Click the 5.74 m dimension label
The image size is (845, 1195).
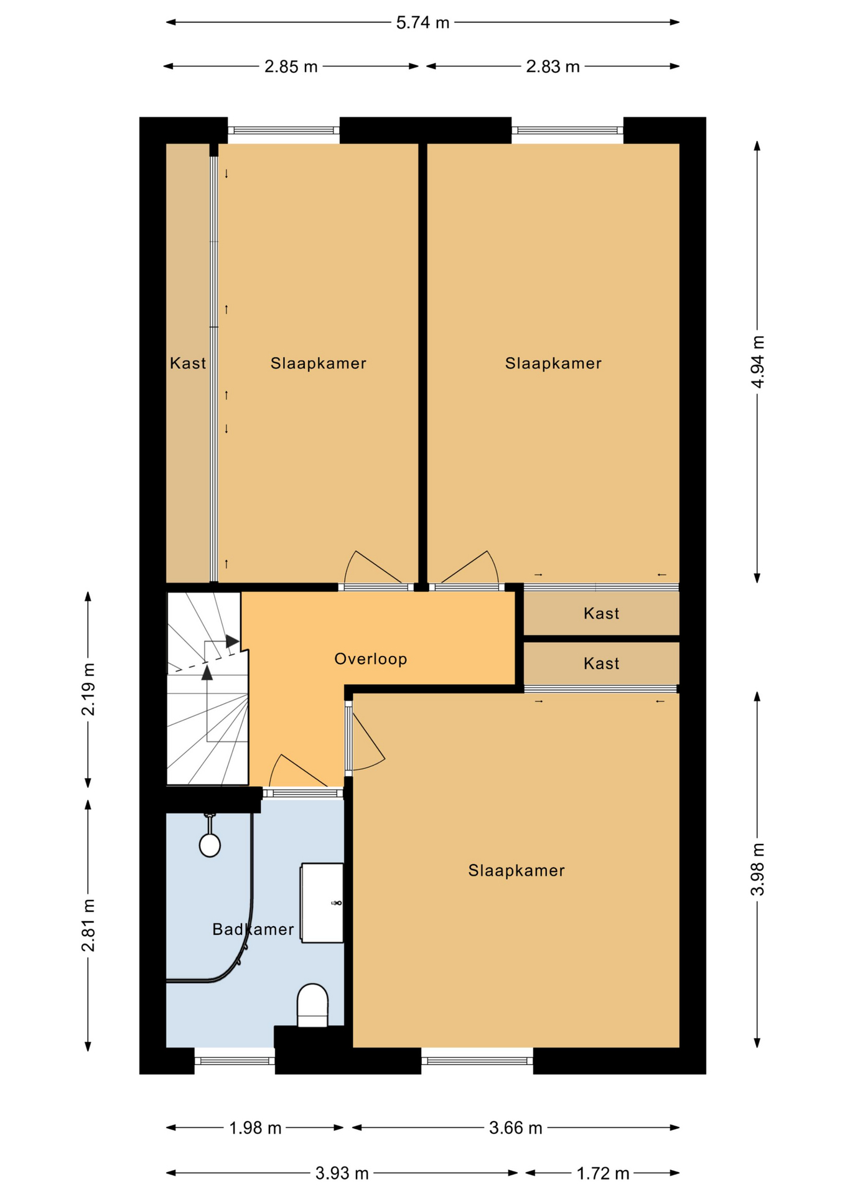coord(422,22)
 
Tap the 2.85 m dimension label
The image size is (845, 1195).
coord(291,67)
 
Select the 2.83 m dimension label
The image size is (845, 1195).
coord(553,67)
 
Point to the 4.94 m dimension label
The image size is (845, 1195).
coord(757,362)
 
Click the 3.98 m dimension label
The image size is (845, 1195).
coord(757,869)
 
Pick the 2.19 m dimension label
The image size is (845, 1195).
coord(88,689)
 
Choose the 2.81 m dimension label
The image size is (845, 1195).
coord(88,926)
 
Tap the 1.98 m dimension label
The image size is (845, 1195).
coord(255,1128)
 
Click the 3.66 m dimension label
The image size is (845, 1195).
coord(515,1128)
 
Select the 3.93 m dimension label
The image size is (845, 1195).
coord(342,1173)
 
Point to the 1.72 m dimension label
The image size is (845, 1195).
coord(602,1173)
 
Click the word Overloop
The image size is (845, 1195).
coord(371,658)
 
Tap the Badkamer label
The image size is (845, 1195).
coord(253,929)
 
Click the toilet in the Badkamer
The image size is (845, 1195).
coord(312,1005)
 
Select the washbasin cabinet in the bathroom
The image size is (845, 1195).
coord(322,902)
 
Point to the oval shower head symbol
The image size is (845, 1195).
coord(210,845)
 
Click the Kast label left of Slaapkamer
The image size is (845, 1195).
coord(188,363)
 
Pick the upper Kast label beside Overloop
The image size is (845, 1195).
coord(601,613)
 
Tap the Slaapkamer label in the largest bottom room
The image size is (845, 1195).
coord(516,870)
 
